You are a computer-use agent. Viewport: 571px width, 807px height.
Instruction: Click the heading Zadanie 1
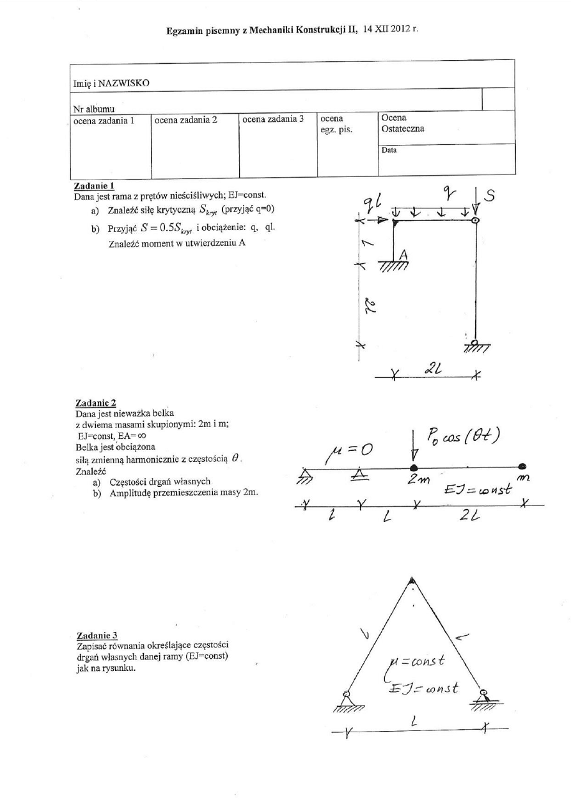coord(91,185)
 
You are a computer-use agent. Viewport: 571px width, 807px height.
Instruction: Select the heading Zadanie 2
coord(91,403)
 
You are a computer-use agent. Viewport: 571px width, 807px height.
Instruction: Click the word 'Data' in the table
coord(389,151)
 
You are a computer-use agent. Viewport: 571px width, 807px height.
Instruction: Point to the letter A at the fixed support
coord(403,254)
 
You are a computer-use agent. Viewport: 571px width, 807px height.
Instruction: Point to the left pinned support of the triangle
coord(348,696)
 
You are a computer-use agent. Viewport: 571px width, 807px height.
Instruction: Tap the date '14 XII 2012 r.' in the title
coord(391,29)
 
